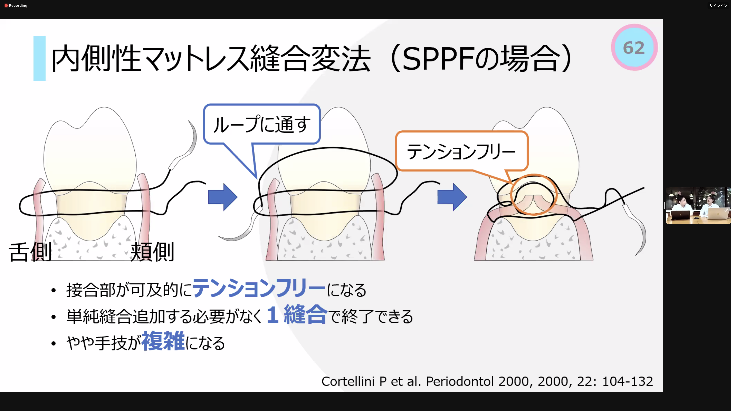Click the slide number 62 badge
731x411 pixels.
click(x=634, y=47)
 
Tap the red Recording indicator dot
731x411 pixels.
click(x=6, y=5)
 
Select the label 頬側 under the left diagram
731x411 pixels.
click(x=152, y=252)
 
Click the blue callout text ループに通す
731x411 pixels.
click(x=262, y=124)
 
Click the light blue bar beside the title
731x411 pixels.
click(x=39, y=59)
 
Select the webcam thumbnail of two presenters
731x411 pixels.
click(x=698, y=205)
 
